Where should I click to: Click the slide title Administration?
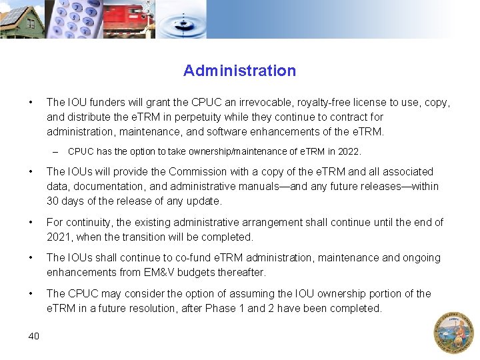[239, 71]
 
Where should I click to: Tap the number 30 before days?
[53, 201]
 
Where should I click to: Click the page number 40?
[34, 335]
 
